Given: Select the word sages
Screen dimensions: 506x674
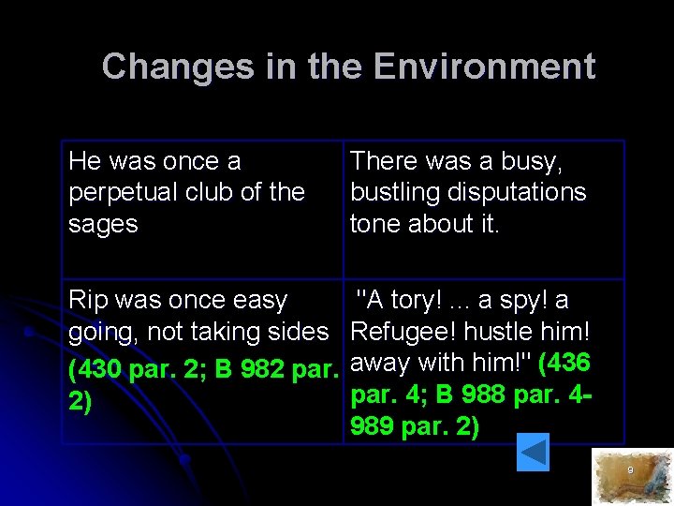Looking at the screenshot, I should tap(103, 224).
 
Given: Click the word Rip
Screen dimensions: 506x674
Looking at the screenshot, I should tap(90, 300).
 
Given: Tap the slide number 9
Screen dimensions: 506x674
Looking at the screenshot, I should tap(630, 469).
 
